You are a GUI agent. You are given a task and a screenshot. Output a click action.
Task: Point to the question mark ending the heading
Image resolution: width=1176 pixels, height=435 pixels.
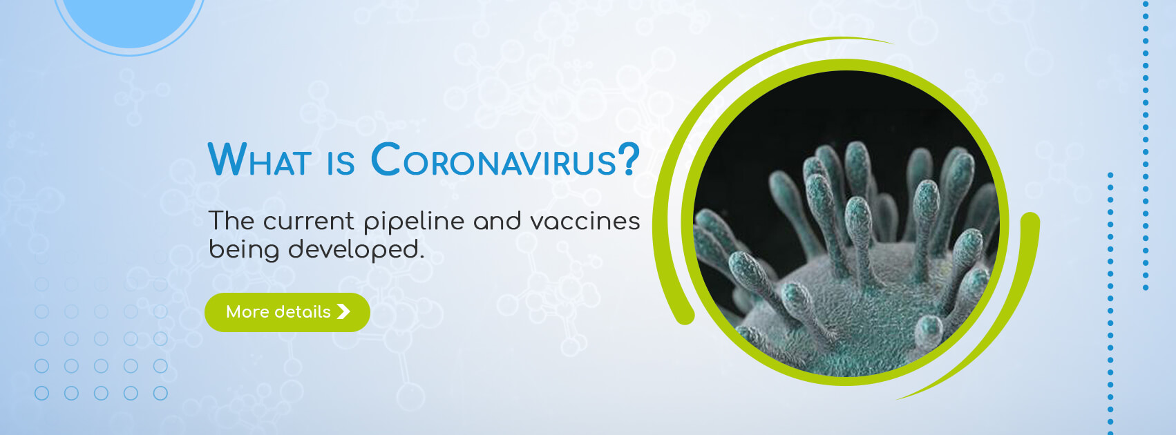coord(629,159)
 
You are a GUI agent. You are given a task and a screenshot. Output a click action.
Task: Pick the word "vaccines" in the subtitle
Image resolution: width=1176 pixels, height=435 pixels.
coord(585,221)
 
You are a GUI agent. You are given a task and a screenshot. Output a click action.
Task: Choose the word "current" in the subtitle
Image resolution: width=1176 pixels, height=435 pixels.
coord(309,222)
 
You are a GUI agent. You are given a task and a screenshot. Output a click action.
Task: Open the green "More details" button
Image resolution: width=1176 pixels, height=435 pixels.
coord(287,312)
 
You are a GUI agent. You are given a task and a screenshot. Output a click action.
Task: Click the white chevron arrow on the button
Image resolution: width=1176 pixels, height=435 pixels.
coord(343,311)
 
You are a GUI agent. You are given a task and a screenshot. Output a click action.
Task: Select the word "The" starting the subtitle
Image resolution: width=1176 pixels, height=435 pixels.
coord(231,221)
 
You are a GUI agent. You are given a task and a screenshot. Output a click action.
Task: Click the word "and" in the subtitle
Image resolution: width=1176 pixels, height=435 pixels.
coord(497,221)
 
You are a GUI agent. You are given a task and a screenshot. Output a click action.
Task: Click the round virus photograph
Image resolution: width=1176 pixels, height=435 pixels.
coord(846,223)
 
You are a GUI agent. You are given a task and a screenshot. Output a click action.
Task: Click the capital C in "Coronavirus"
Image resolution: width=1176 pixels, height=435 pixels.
coord(386,159)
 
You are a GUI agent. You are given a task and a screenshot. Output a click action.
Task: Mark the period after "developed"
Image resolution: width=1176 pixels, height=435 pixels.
coord(421,257)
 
